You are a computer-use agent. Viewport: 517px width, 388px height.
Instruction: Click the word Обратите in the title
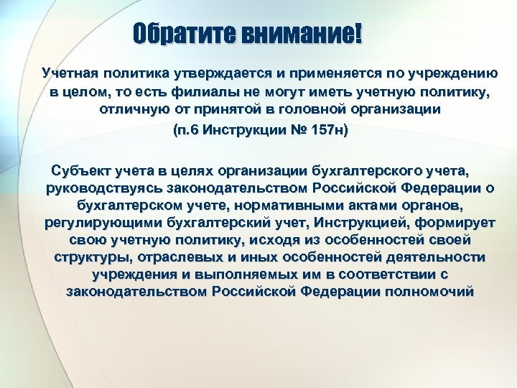click(177, 34)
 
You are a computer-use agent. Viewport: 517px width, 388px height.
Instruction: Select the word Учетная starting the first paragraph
click(68, 74)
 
